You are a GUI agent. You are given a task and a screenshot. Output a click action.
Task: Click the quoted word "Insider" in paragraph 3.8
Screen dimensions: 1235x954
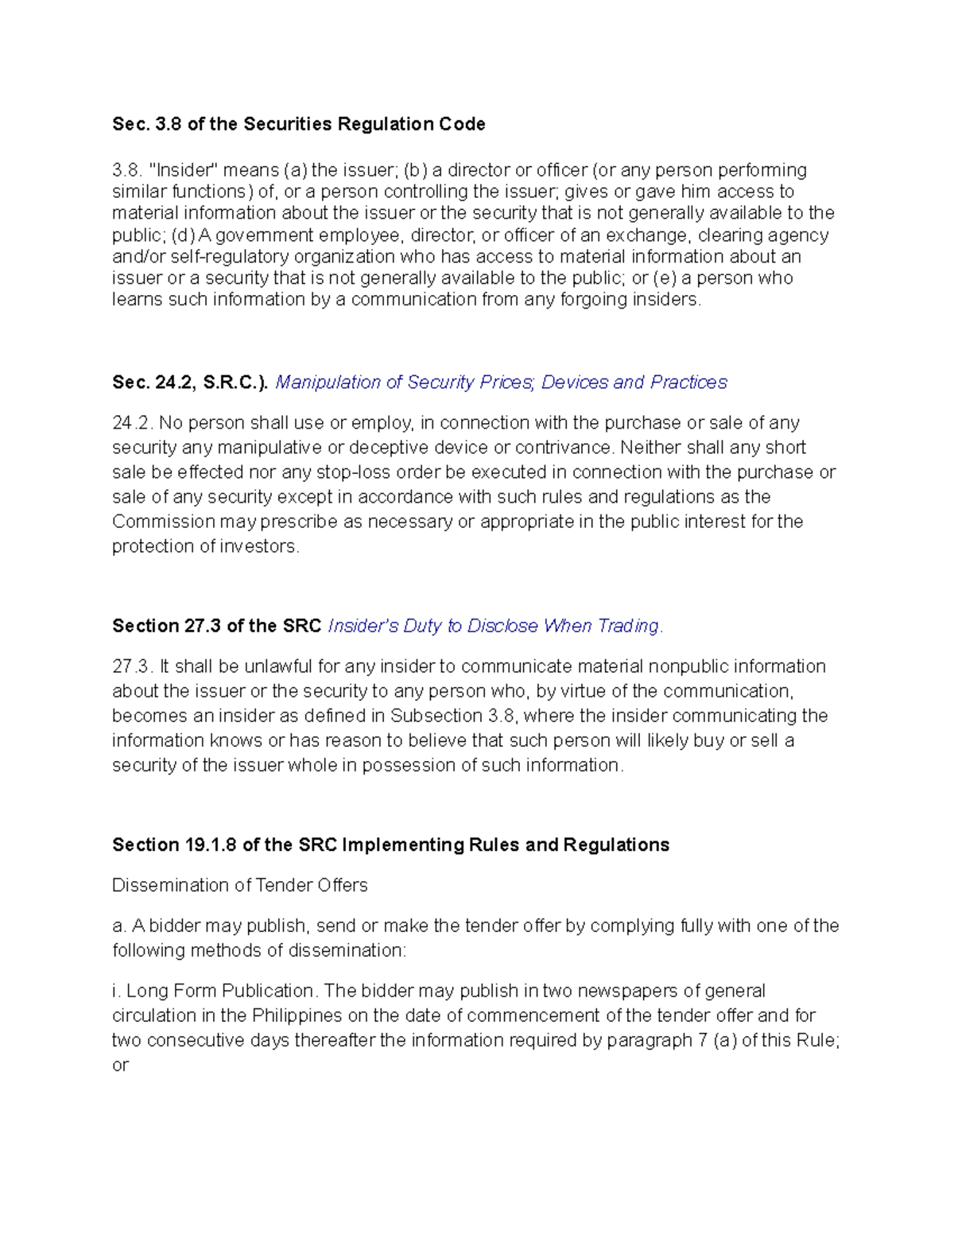pyautogui.click(x=183, y=170)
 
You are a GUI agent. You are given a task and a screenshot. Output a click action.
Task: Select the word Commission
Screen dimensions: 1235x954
pyautogui.click(x=164, y=522)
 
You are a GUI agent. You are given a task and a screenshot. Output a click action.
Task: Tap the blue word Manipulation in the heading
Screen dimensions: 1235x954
pyautogui.click(x=327, y=383)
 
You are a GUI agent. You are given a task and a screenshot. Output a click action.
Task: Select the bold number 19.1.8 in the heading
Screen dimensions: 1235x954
pyautogui.click(x=211, y=845)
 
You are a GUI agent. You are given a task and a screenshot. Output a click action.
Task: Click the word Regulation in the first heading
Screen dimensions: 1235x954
pyautogui.click(x=386, y=124)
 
